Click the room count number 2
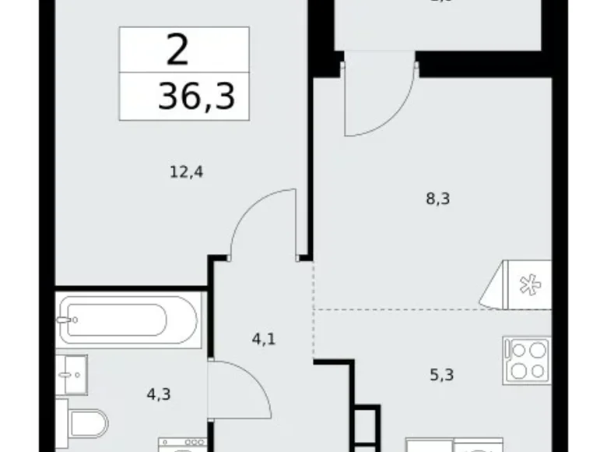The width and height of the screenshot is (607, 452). [177, 51]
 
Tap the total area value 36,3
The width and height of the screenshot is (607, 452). [196, 98]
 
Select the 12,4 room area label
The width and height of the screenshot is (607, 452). [186, 171]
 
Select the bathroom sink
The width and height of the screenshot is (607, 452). [72, 375]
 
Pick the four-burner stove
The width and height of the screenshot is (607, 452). [526, 359]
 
